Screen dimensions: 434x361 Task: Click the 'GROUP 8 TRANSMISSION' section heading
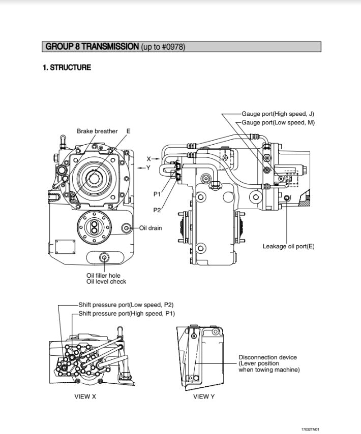[92, 47]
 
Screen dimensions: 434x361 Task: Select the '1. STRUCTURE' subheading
[67, 68]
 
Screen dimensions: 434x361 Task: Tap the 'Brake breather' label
[97, 131]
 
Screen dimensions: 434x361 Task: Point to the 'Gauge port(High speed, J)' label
[278, 114]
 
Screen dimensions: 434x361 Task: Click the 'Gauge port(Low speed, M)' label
[278, 122]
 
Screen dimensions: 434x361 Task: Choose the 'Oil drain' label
[151, 228]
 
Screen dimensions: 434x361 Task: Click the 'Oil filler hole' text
[104, 275]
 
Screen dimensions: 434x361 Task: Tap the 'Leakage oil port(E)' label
[288, 246]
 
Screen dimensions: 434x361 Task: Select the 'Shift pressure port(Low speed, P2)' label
[126, 305]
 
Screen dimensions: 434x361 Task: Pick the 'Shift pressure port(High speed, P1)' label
[127, 314]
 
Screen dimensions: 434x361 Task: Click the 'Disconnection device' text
[267, 357]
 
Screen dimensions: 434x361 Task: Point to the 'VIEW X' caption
[85, 396]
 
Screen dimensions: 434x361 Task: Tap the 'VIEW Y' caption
[203, 396]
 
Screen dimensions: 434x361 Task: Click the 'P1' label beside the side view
[157, 194]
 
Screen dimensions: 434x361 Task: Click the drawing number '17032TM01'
[310, 429]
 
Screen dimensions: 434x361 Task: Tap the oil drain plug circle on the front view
[127, 228]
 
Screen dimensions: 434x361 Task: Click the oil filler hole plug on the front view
[104, 257]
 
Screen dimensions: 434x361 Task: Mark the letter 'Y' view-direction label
[148, 168]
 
